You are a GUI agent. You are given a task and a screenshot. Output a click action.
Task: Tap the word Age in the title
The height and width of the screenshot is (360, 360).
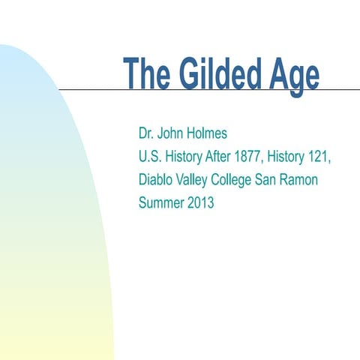[x=293, y=74]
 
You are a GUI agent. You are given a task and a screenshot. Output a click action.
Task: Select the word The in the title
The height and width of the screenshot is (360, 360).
[x=148, y=74]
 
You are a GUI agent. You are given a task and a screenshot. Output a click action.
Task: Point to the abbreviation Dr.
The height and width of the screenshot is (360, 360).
[x=146, y=133]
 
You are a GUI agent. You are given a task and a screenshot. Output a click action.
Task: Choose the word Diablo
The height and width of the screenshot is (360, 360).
[x=156, y=179]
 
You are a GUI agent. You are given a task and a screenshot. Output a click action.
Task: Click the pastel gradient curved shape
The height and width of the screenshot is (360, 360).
[x=45, y=225]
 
